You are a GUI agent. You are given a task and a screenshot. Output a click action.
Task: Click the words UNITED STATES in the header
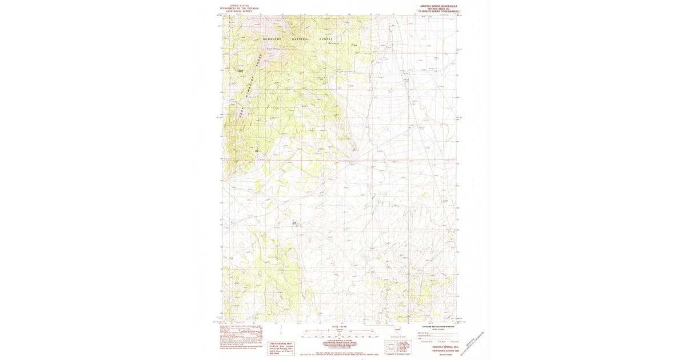pyautogui.click(x=240, y=5)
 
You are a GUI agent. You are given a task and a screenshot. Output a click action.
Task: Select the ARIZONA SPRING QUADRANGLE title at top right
pyautogui.click(x=438, y=5)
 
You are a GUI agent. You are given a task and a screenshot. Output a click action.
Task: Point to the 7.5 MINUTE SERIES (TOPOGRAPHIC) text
pyautogui.click(x=438, y=11)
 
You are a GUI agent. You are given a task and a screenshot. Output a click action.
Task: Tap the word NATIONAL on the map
pyautogui.click(x=301, y=39)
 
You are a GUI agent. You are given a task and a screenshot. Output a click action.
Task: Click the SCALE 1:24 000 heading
pyautogui.click(x=339, y=327)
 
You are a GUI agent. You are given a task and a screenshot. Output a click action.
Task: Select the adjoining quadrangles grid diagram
pyautogui.click(x=391, y=347)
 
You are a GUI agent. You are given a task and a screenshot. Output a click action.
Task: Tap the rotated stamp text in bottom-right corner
pyautogui.click(x=476, y=341)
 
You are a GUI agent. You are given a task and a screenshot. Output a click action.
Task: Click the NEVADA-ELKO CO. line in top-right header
pyautogui.click(x=438, y=8)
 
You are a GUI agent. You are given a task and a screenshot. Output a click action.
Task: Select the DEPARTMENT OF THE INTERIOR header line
pyautogui.click(x=240, y=8)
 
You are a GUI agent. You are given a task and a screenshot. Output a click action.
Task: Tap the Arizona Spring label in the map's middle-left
pyautogui.click(x=296, y=223)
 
